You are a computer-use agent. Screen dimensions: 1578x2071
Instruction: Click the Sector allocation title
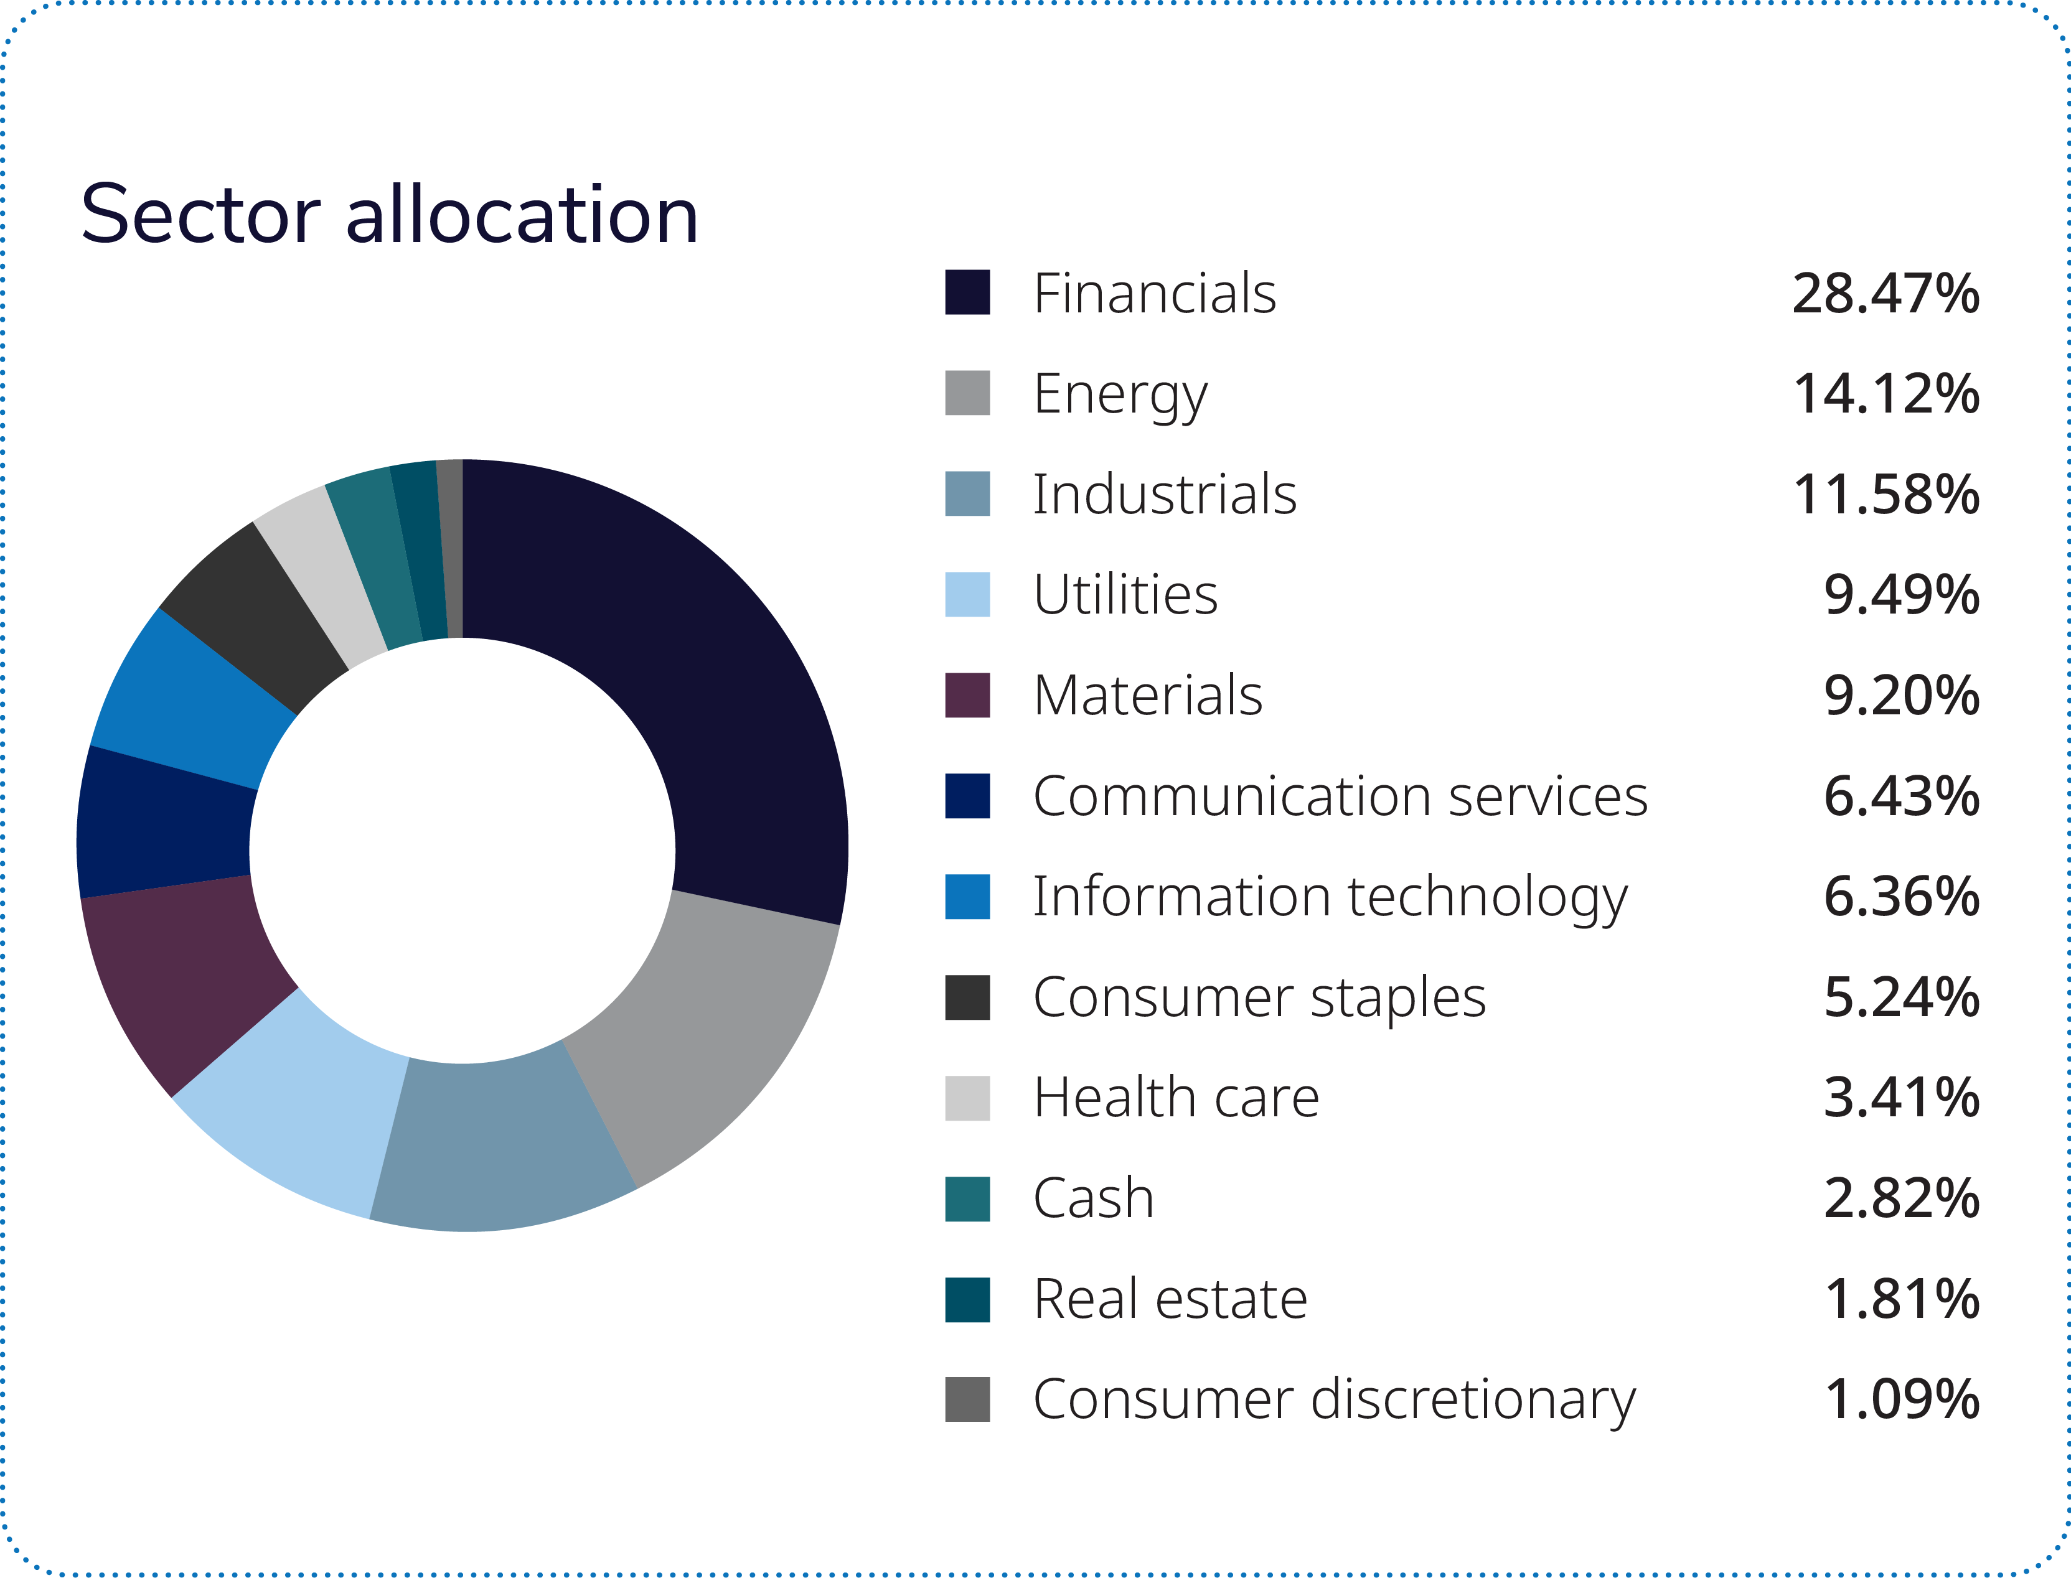tap(389, 215)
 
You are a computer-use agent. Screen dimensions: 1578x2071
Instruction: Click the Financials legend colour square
tap(967, 292)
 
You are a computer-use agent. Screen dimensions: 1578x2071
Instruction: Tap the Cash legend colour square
tap(967, 1198)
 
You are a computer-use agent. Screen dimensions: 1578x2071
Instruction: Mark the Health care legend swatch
tap(967, 1098)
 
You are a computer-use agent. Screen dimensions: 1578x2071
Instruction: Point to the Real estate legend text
tap(1170, 1299)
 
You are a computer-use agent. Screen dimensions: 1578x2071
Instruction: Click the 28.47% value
tap(1885, 293)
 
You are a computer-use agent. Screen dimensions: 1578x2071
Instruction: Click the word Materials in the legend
tap(1147, 696)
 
